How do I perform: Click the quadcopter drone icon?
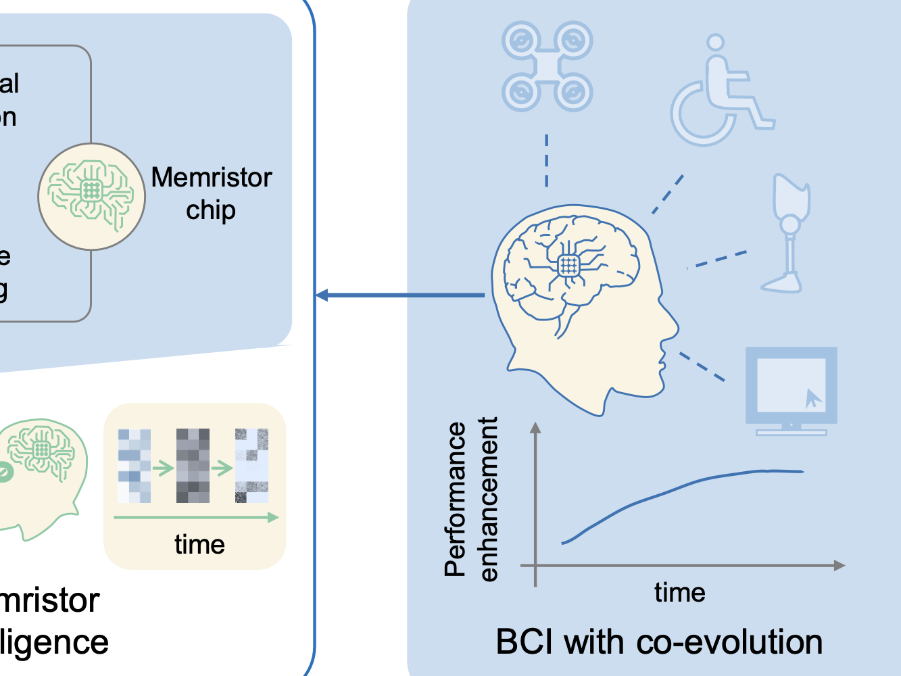[547, 66]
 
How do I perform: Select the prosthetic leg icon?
[787, 233]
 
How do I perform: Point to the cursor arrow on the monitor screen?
[814, 398]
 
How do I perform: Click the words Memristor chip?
[211, 193]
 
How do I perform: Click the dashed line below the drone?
[547, 161]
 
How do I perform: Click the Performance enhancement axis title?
[472, 499]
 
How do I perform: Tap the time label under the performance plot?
[679, 593]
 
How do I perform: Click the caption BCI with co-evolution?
[659, 642]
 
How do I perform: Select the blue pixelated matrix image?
[134, 466]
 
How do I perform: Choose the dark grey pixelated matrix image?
[193, 466]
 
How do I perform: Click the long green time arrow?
[196, 518]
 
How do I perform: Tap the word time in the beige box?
[199, 544]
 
